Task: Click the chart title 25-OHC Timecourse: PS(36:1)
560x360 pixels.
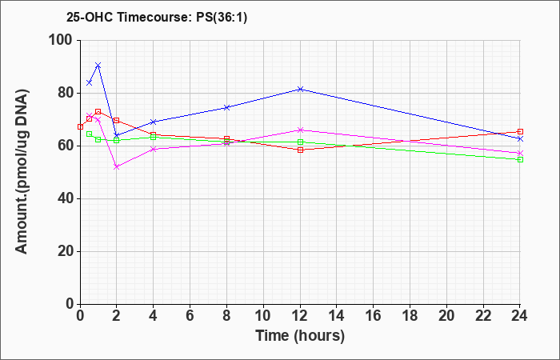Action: pos(157,18)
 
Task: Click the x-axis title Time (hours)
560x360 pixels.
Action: pos(300,336)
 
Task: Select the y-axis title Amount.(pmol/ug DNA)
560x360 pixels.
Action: pos(22,172)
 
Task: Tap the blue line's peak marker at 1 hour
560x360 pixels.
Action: pos(98,65)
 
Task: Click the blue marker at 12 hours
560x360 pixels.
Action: pos(300,89)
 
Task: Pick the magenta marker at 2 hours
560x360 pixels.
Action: pos(117,166)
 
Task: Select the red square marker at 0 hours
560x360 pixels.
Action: pos(80,126)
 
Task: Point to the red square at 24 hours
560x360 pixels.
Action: pos(520,132)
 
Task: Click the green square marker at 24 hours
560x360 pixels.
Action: pos(520,160)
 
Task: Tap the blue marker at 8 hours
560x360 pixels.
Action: pos(226,107)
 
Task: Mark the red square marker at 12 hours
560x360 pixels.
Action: pos(300,150)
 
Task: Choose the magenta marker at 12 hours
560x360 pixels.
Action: pos(300,130)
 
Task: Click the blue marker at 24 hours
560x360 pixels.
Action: pos(520,138)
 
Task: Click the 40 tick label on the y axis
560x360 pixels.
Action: pos(66,198)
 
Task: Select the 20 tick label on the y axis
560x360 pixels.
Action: pos(66,251)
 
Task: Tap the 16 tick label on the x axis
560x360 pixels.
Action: pos(374,315)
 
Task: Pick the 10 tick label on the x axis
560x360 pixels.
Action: pos(263,315)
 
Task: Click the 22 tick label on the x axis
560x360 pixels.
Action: pos(483,315)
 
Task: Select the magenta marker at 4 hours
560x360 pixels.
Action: pos(154,149)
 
